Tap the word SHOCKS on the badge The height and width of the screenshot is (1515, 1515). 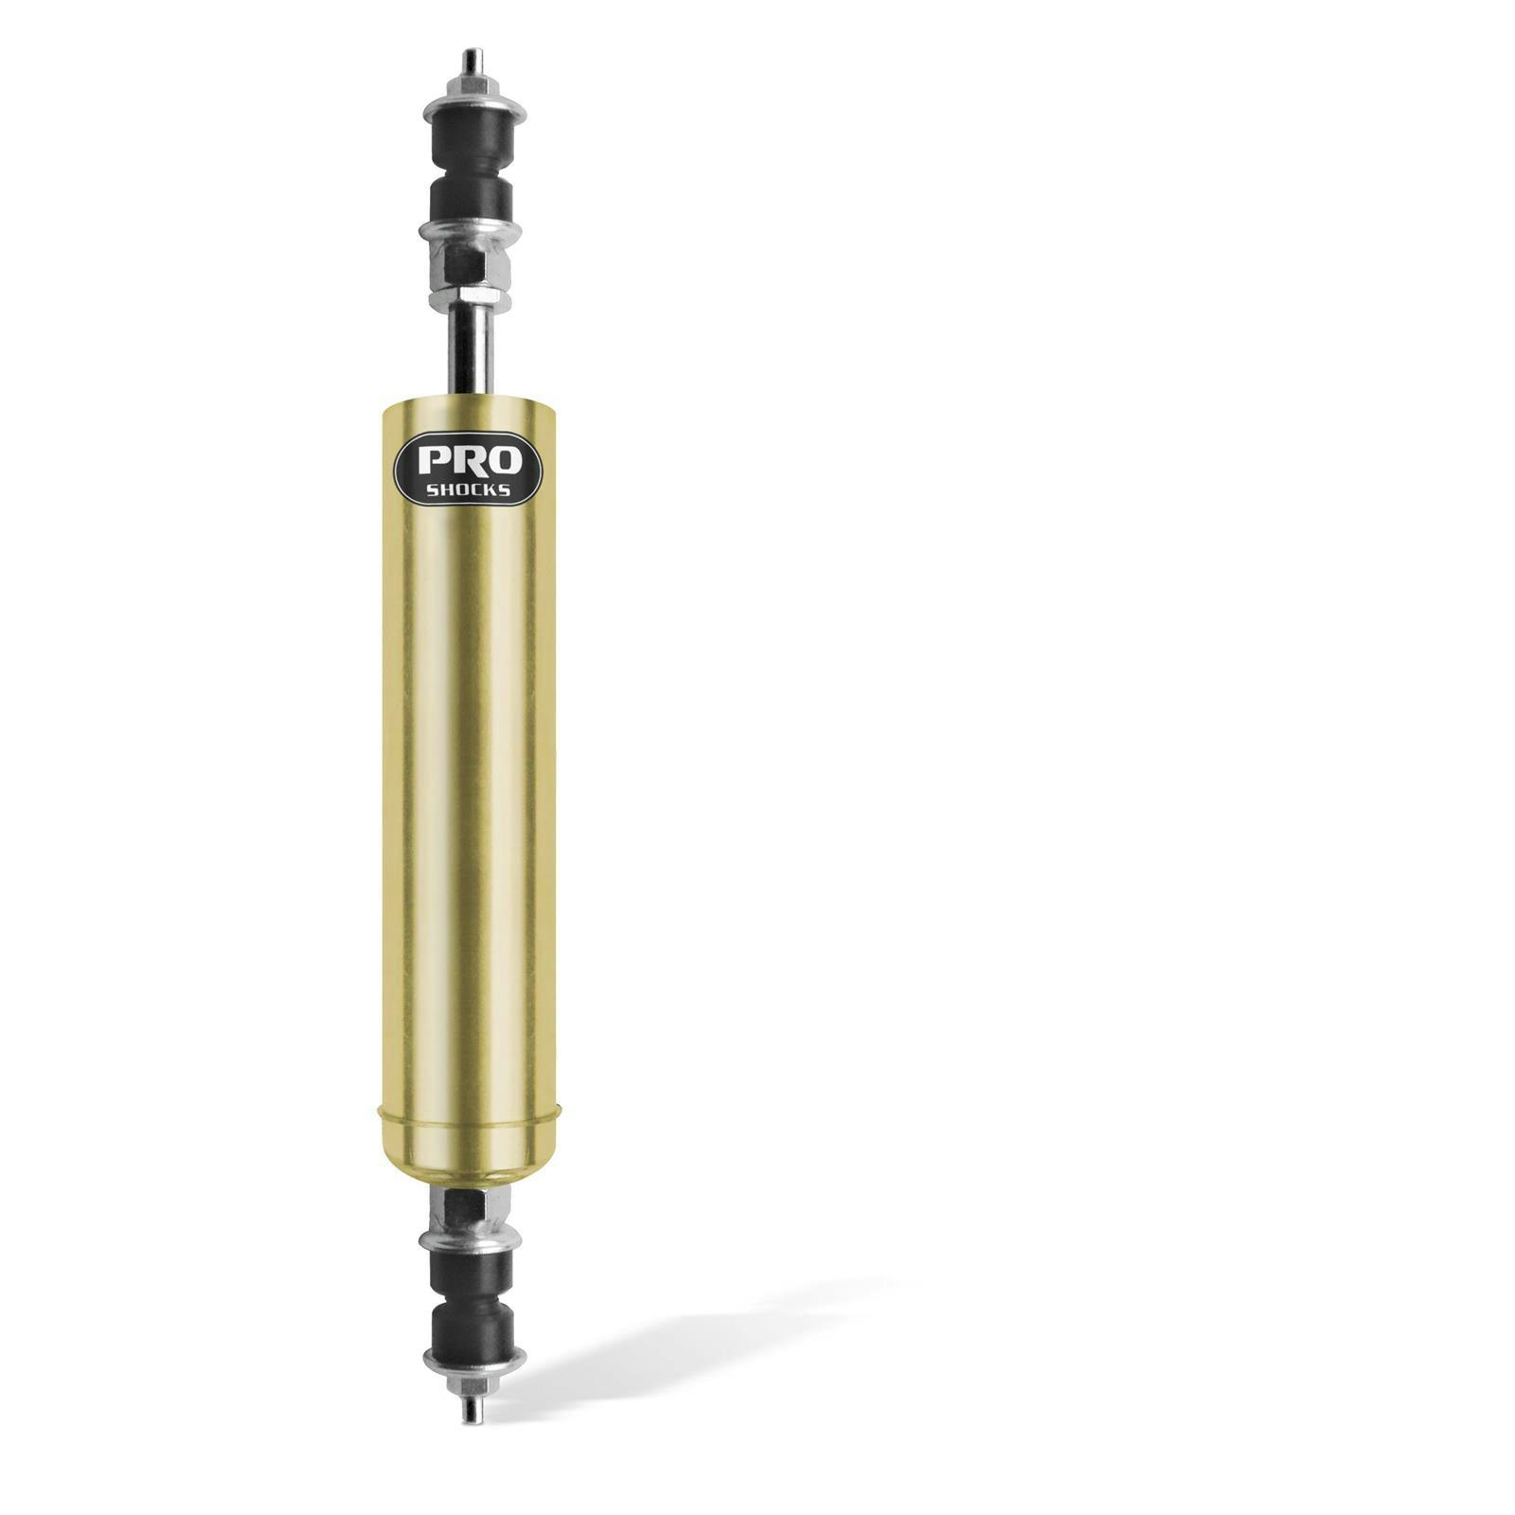(468, 490)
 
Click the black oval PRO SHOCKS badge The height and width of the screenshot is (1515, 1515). (468, 470)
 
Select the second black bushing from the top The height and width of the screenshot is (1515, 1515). (470, 201)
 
